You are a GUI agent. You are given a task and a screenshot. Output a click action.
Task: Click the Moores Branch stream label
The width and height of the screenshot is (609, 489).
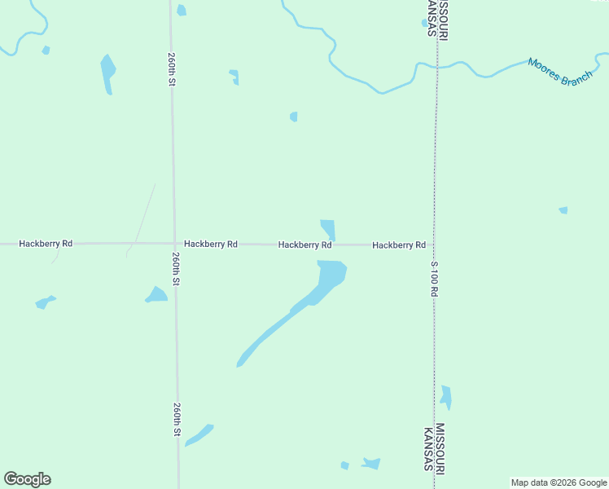point(560,73)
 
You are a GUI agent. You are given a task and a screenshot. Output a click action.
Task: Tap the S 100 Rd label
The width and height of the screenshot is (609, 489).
point(435,278)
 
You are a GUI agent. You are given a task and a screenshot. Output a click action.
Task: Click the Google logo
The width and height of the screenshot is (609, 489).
point(27,479)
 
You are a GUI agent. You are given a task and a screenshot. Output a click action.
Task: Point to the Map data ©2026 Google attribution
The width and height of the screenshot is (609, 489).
point(559,482)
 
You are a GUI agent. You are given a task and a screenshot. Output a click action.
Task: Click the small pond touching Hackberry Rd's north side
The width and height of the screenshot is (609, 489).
point(328,228)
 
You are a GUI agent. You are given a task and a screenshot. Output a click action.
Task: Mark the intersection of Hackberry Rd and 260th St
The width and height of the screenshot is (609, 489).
point(174,243)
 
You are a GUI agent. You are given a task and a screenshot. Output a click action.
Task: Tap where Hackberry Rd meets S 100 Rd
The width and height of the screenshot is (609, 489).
point(434,244)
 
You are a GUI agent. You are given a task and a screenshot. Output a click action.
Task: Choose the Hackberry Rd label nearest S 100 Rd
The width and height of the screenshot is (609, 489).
point(399,244)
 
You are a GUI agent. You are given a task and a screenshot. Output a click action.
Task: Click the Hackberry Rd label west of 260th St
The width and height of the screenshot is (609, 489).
point(46,243)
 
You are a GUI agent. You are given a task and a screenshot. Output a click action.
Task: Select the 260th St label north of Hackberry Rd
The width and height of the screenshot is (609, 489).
point(172,72)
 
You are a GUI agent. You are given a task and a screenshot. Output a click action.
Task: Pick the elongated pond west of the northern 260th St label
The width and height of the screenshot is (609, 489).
point(107,73)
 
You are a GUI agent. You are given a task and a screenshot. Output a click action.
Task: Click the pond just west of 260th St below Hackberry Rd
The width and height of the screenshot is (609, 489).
point(156,294)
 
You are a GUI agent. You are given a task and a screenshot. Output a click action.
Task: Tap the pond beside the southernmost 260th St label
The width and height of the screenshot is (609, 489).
point(199,434)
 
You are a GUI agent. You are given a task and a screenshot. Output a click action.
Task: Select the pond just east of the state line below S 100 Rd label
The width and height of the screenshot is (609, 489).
point(445,397)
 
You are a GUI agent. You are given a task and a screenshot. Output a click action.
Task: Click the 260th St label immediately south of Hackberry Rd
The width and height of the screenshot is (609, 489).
point(176,268)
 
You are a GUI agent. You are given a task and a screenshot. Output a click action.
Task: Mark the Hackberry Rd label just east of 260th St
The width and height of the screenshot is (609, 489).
point(211,244)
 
